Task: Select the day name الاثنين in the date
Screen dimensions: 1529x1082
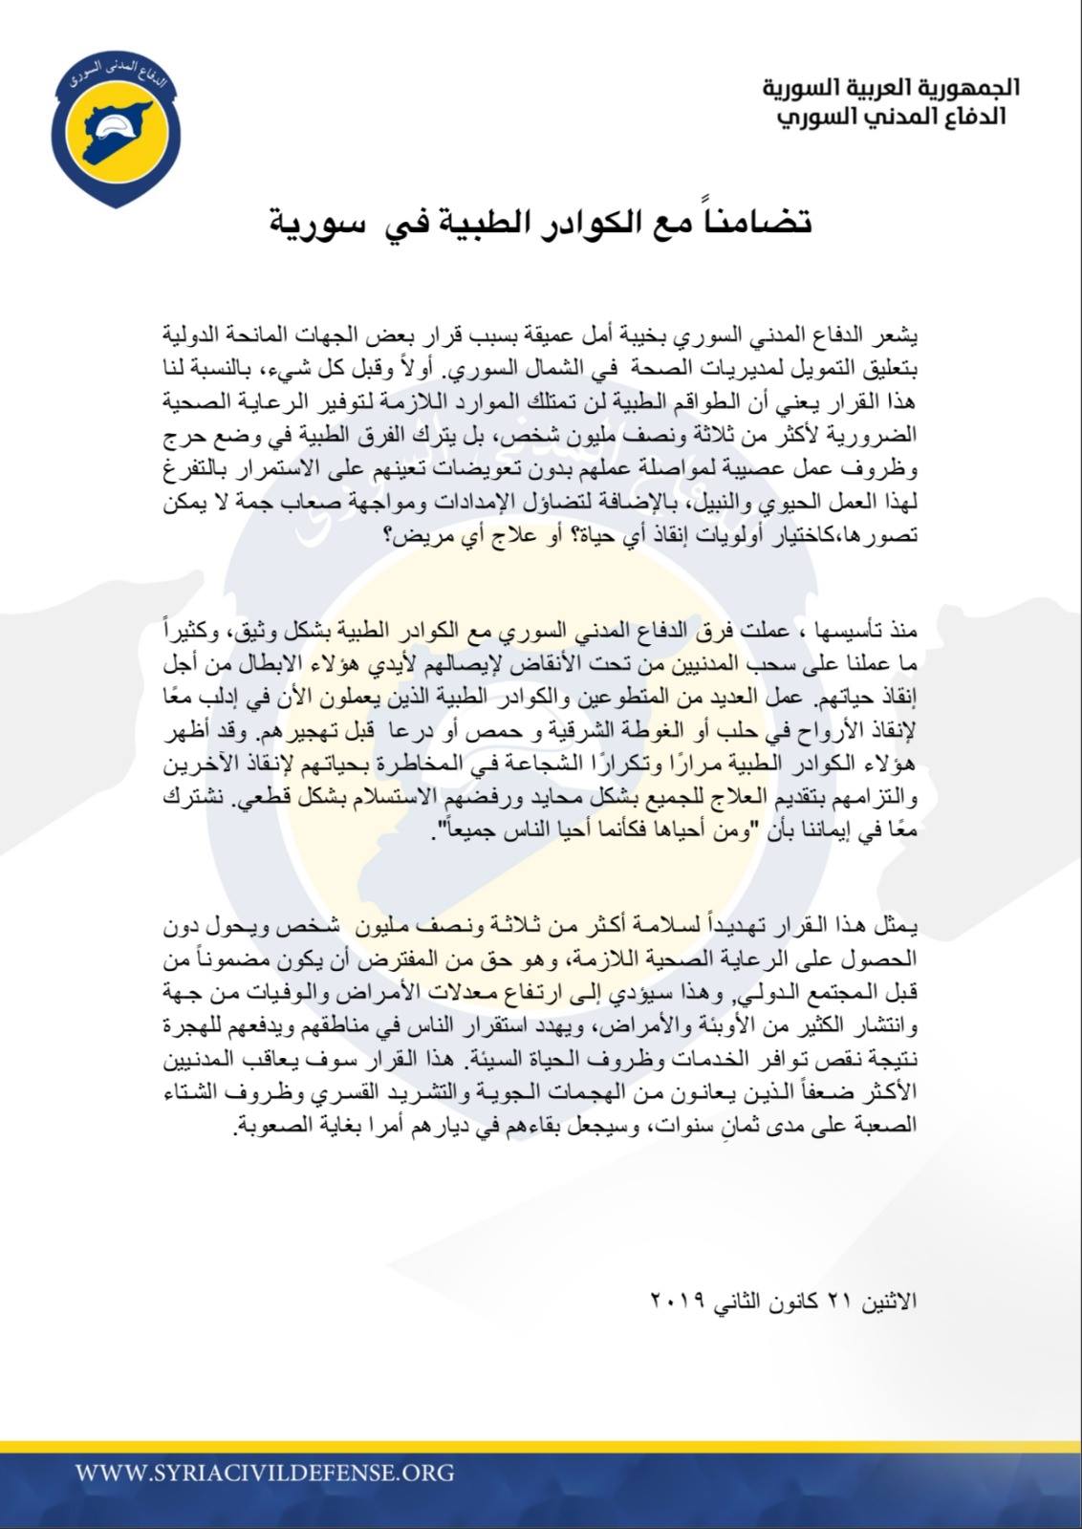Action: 890,1302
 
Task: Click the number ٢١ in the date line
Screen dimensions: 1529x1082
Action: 837,1302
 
